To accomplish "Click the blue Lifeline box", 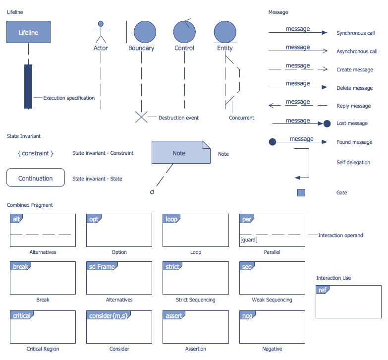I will [x=28, y=33].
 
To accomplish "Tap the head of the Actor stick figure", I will [x=101, y=23].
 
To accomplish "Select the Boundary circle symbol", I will [x=144, y=32].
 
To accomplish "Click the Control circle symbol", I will [x=184, y=32].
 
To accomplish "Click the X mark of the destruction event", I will [x=142, y=117].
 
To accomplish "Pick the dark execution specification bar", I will [x=28, y=86].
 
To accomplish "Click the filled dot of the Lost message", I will [x=327, y=123].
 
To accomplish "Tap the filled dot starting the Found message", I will [x=272, y=142].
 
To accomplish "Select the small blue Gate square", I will [x=301, y=192].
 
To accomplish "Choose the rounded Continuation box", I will [x=36, y=178].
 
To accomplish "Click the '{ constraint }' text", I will [x=35, y=153].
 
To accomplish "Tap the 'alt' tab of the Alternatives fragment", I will [x=16, y=219].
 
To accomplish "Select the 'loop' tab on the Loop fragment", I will [x=171, y=219].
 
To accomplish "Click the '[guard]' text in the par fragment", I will [x=248, y=240].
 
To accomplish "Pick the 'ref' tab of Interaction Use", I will [x=323, y=290].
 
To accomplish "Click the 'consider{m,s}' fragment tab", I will [x=108, y=316].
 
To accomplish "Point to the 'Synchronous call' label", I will [x=355, y=33].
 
